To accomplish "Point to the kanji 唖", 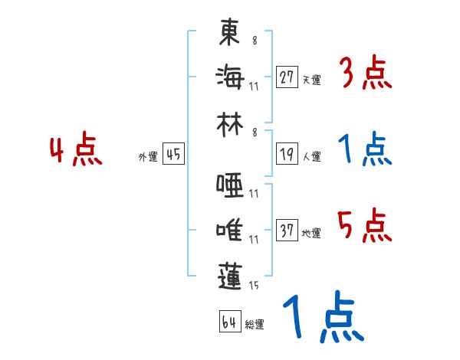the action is click(x=229, y=185).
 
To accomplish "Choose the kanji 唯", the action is click(x=229, y=229).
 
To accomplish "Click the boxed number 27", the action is click(x=287, y=77).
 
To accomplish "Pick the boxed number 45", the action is click(x=173, y=155).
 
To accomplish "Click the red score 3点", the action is click(x=366, y=74).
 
